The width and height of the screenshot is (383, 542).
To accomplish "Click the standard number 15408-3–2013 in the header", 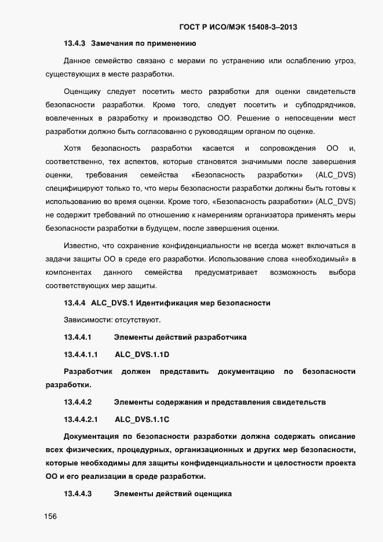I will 272,27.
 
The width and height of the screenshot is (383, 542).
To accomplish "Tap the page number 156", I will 51,517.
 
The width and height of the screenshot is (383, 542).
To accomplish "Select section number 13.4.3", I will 75,43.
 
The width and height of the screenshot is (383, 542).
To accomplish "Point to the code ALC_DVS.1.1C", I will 142,419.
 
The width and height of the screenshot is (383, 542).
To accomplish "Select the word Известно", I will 81,246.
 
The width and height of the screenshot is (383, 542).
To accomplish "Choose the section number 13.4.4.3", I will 78,494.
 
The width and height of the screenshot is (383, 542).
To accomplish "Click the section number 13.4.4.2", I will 78,402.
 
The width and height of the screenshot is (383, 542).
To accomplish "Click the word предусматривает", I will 222,272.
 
